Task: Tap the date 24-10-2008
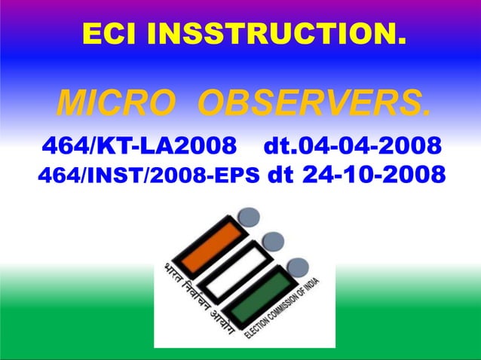pyautogui.click(x=372, y=175)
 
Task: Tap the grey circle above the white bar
pyautogui.click(x=273, y=241)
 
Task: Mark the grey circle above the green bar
pyautogui.click(x=298, y=266)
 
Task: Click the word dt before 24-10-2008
pyautogui.click(x=280, y=175)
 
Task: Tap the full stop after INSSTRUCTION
pyautogui.click(x=400, y=39)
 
